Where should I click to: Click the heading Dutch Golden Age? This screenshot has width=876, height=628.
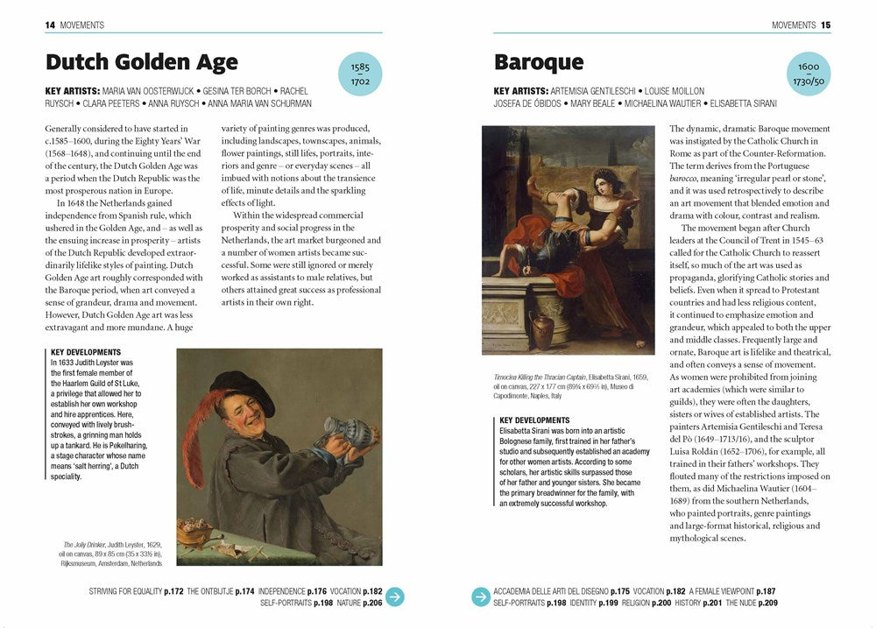(141, 62)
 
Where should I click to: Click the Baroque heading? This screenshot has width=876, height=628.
(538, 62)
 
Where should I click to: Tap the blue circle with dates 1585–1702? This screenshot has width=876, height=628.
(360, 74)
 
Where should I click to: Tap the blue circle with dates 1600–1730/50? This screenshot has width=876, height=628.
(808, 74)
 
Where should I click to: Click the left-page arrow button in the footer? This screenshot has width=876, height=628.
(395, 596)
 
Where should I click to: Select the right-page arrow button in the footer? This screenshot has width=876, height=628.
(481, 596)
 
